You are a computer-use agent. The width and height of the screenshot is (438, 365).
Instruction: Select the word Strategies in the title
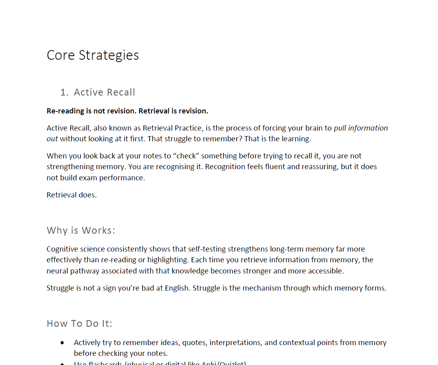click(x=109, y=55)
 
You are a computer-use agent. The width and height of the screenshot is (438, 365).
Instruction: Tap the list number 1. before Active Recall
click(x=64, y=92)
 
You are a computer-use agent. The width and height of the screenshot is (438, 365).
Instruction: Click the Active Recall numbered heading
click(x=104, y=92)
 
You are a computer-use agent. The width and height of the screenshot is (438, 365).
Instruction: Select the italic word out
click(x=52, y=139)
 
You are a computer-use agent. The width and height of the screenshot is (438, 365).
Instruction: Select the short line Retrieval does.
click(x=72, y=195)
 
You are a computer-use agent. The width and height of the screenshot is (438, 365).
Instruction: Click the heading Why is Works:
click(x=81, y=230)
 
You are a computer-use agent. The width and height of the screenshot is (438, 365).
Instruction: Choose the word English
click(x=177, y=288)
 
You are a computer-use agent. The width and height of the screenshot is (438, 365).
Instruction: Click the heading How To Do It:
click(x=80, y=323)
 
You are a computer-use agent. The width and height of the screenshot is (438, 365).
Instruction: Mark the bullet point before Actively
click(x=62, y=342)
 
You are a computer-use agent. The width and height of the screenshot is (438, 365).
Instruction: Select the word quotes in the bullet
click(x=194, y=342)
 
